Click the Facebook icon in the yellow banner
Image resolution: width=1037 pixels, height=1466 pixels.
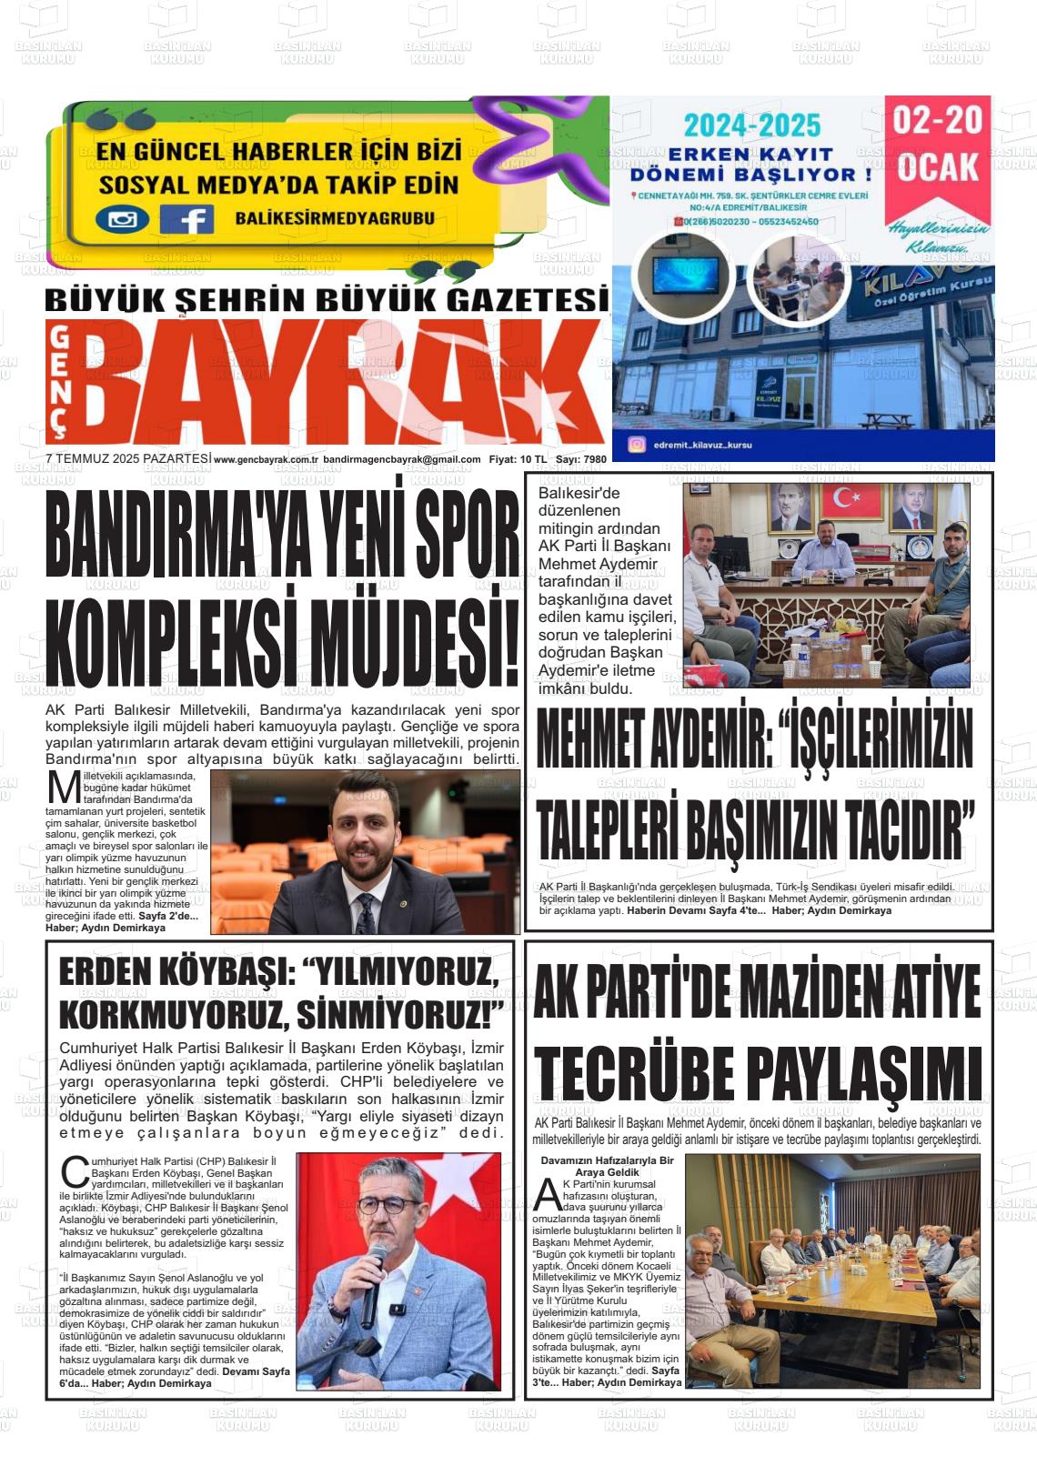[x=186, y=219]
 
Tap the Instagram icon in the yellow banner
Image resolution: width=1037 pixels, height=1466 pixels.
[x=122, y=219]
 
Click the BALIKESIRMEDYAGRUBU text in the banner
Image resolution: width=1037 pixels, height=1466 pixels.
[x=334, y=218]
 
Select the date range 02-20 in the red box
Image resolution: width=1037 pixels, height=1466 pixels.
[x=938, y=121]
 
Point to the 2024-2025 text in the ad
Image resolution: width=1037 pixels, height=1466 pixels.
[x=752, y=125]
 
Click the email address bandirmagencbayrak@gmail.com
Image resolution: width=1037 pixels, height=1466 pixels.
[x=402, y=459]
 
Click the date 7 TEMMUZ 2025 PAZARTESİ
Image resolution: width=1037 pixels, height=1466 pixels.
[x=127, y=459]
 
